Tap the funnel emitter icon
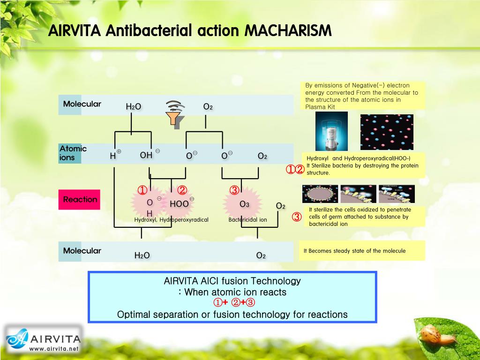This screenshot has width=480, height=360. (x=175, y=114)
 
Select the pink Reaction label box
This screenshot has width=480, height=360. (x=80, y=200)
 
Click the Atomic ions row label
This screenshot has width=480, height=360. (x=73, y=153)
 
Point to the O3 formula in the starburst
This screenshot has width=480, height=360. (x=244, y=204)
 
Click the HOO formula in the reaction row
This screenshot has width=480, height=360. (x=179, y=204)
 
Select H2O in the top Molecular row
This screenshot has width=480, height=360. (x=133, y=107)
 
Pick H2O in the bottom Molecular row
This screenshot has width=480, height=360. (x=142, y=255)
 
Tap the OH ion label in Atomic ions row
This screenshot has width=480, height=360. (x=146, y=155)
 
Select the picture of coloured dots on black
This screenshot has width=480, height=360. (x=387, y=132)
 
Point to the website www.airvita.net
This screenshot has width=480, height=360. (x=54, y=349)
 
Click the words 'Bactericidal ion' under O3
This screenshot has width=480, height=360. (x=247, y=219)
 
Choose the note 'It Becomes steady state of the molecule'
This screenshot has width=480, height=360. (x=354, y=251)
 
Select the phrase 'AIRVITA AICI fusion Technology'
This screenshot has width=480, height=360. (x=232, y=281)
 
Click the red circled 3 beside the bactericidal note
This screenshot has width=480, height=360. (x=296, y=217)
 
